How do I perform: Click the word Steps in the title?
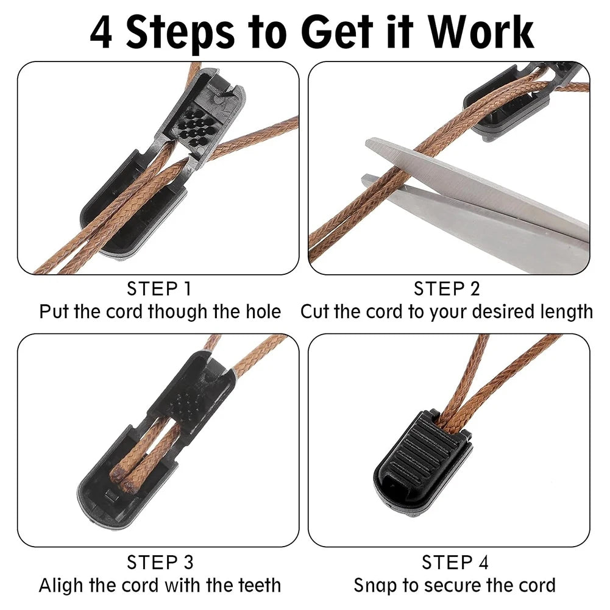click(x=180, y=33)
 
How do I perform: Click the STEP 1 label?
click(x=159, y=289)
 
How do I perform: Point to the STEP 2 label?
click(x=447, y=289)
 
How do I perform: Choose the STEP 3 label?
click(x=160, y=562)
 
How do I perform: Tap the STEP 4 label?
click(x=455, y=562)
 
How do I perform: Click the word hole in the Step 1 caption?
click(x=263, y=311)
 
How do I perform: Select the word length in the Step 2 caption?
click(x=566, y=312)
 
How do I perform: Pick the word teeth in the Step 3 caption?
click(x=260, y=585)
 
